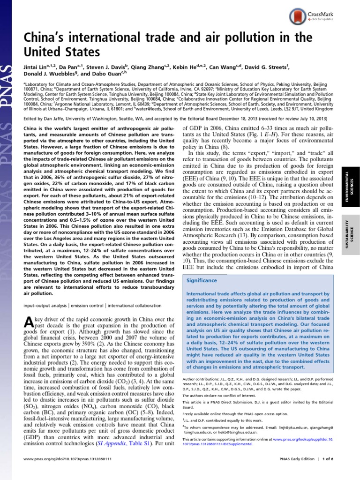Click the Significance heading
[202, 280]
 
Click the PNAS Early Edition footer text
[302, 472]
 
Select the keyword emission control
[87, 305]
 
